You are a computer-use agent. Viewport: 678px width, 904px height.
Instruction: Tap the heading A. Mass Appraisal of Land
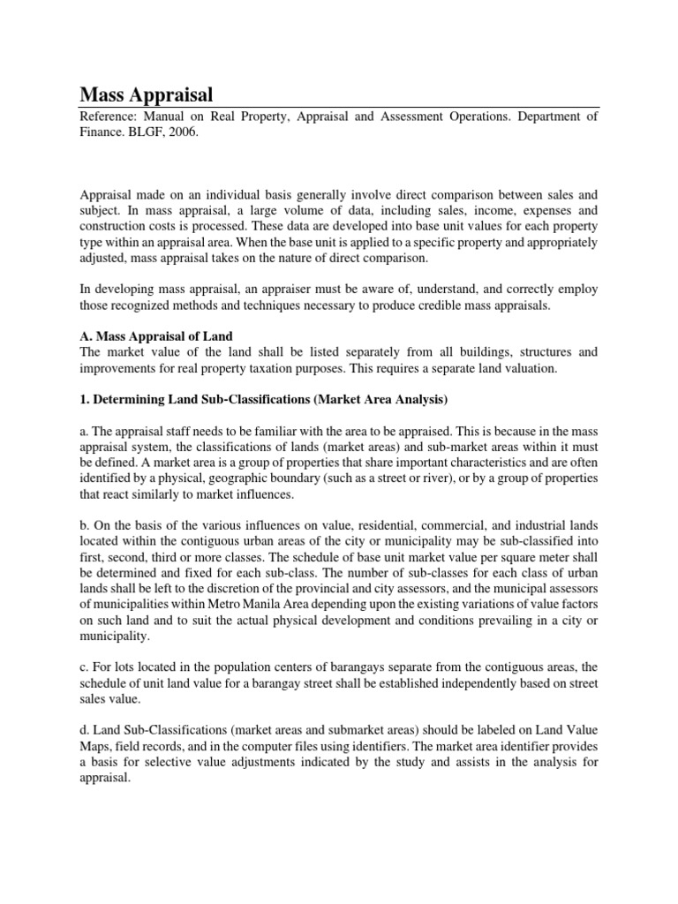156,336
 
